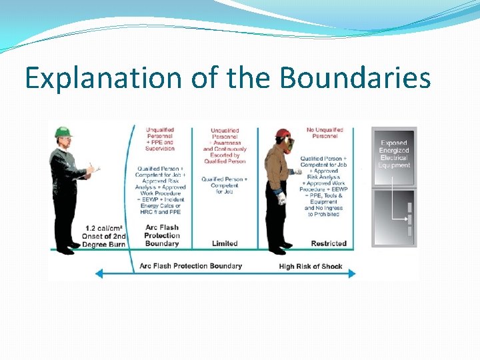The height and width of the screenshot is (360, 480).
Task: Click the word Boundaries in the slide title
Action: click(355, 79)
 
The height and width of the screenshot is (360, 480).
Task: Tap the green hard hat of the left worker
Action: click(63, 133)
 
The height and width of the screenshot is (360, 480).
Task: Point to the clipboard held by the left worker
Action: click(93, 171)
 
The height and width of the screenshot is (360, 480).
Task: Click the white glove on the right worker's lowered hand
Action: click(282, 197)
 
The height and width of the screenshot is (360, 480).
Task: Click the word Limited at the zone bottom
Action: click(225, 243)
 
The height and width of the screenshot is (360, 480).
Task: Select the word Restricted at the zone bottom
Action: click(329, 243)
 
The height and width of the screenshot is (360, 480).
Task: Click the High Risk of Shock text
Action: click(310, 266)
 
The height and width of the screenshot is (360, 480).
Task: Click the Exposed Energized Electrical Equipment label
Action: click(394, 154)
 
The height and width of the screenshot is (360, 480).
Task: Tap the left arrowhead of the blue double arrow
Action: click(98, 273)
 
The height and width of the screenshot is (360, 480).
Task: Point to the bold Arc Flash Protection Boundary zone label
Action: click(162, 235)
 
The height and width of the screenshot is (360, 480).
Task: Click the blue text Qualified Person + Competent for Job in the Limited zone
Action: click(225, 185)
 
